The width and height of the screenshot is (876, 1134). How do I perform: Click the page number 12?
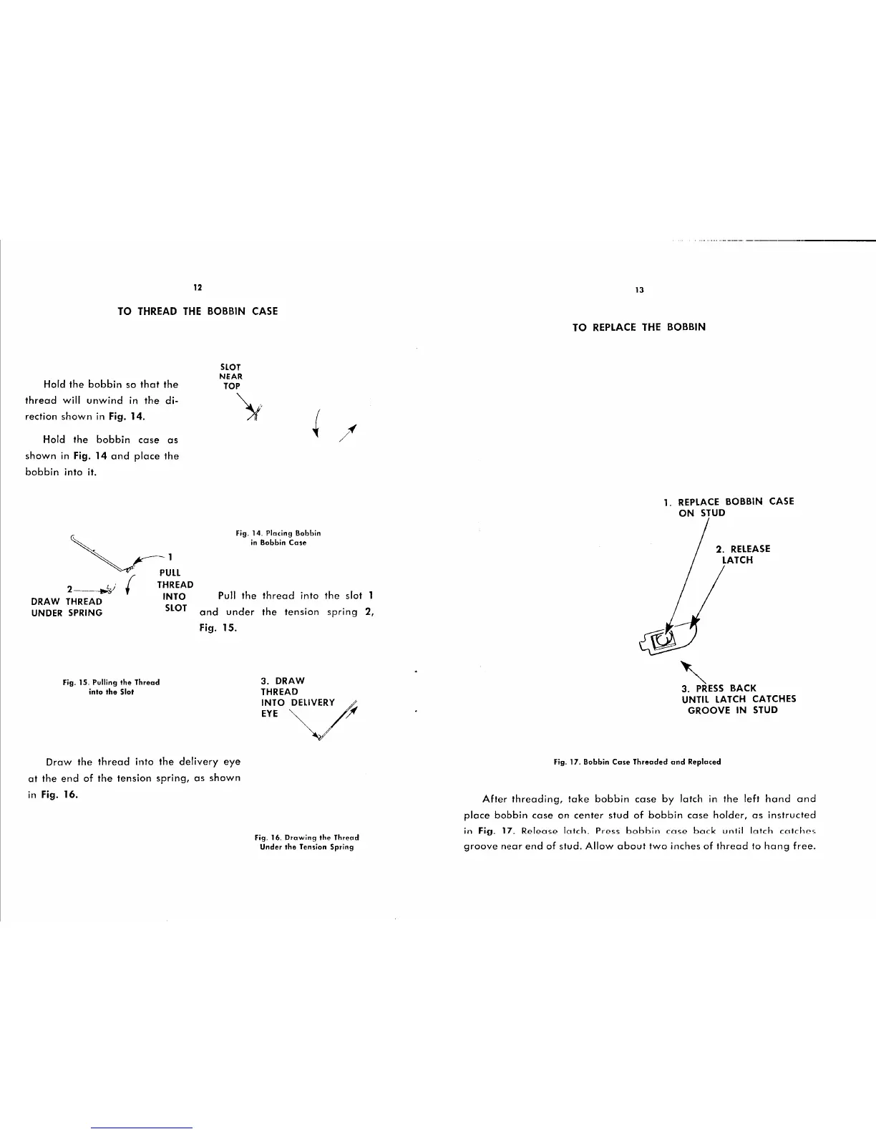(x=198, y=287)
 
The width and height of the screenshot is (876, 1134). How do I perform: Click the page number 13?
(x=640, y=290)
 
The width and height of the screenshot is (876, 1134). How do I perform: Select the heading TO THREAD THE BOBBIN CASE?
(x=198, y=311)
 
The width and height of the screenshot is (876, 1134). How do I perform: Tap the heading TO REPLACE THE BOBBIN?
(x=639, y=327)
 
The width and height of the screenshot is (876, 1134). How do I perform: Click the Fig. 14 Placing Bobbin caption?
(x=278, y=538)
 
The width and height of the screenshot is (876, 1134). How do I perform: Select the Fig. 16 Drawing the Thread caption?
(x=306, y=841)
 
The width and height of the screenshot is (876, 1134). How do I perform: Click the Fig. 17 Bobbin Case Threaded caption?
(x=637, y=762)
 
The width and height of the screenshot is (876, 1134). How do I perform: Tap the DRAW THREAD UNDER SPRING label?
(x=67, y=607)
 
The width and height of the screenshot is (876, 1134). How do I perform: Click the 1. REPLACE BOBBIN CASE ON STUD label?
(x=729, y=507)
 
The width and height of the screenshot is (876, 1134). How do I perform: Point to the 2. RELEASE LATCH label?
(x=741, y=554)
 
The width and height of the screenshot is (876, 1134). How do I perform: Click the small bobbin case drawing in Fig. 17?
(x=665, y=636)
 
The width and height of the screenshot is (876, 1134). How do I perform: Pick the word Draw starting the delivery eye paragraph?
(x=59, y=762)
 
